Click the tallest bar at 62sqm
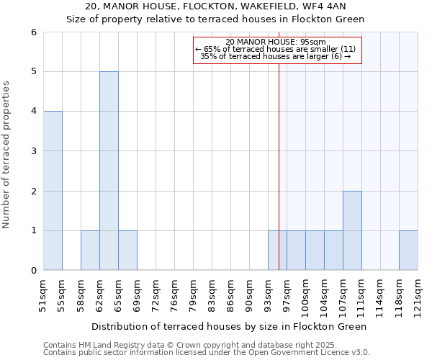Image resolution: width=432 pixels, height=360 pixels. coord(109,171)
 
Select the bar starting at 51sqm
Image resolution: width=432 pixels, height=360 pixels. coord(53,191)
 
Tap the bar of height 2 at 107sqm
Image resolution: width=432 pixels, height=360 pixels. coord(352,230)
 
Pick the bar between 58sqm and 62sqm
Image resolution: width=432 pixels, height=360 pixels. coord(90,251)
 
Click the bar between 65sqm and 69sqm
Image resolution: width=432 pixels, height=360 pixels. coord(127,251)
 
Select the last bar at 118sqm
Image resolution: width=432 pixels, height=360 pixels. coord(408,251)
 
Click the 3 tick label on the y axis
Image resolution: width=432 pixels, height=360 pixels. coord(33,151)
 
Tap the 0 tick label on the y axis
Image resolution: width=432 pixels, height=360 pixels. coord(33,271)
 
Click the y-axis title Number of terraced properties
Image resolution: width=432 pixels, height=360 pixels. coord(7,155)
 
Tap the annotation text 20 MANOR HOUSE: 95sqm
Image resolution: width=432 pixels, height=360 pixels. coord(276,42)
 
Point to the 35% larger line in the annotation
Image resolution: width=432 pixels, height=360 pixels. coord(276,56)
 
